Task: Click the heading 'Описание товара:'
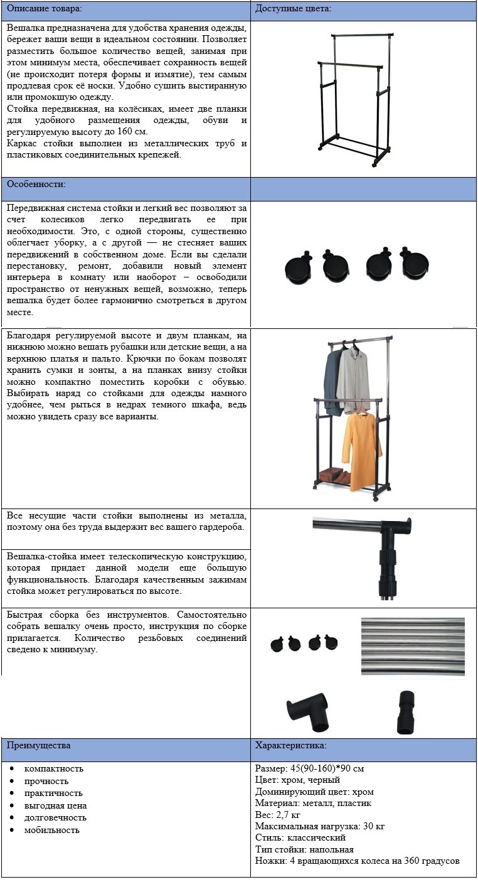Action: (45, 9)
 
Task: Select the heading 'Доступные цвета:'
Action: (293, 9)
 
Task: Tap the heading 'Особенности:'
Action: (36, 185)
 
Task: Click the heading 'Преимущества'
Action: (38, 746)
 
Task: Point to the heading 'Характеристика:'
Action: (290, 746)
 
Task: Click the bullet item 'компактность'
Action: (53, 769)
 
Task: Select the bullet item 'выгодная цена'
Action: (55, 805)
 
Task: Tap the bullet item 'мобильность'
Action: (51, 830)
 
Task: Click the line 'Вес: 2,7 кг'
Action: (279, 814)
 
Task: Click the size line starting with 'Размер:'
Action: (309, 769)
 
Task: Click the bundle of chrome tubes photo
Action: (413, 647)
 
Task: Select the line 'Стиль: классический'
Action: (300, 838)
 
